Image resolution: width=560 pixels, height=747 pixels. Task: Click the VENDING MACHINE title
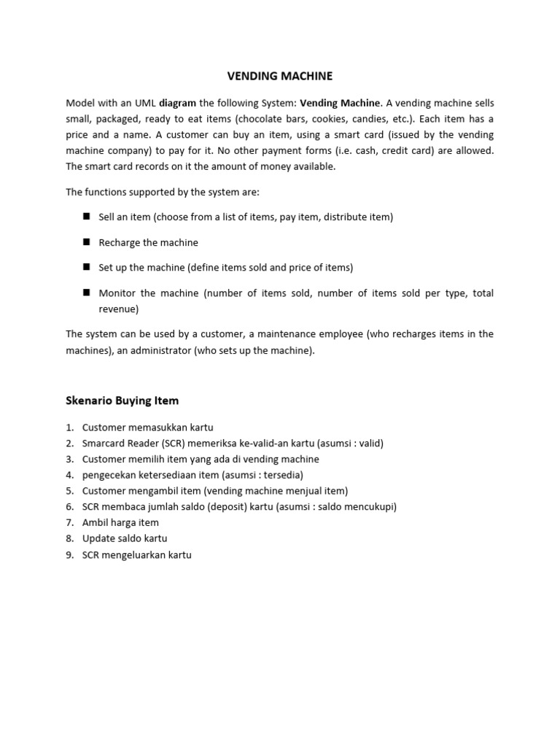pos(281,76)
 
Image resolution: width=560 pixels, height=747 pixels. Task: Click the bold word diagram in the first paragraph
pos(178,103)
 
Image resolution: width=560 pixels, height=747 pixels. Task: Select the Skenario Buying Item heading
pos(122,400)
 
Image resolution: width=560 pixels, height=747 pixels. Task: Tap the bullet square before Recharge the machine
pos(85,241)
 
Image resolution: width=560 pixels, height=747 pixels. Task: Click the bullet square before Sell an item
pos(85,217)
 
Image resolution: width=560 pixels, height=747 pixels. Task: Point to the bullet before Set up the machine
pos(85,267)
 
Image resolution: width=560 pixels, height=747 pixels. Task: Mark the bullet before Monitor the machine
pos(85,293)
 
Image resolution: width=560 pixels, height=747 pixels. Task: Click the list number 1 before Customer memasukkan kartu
pos(69,427)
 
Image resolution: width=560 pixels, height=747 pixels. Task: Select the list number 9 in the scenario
pos(69,554)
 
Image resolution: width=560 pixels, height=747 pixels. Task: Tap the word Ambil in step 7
pos(96,522)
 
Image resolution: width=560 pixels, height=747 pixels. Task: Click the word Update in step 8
pos(98,538)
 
